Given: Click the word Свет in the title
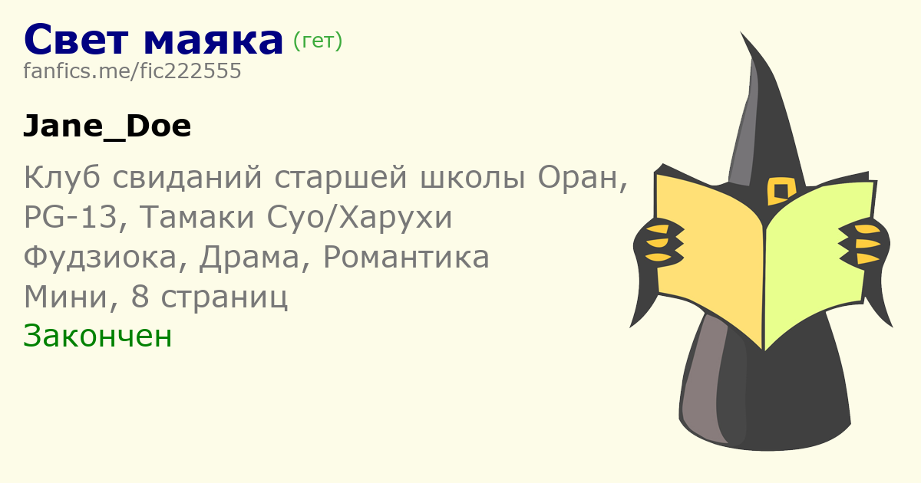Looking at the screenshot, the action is pos(77,39).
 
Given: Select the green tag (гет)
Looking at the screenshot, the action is pos(318,41).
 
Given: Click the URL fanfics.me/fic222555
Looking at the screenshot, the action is pos(132,71).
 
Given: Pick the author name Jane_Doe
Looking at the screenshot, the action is pos(107,126).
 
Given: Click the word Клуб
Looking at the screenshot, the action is pos(62,177).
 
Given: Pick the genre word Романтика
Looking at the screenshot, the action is pos(406,258).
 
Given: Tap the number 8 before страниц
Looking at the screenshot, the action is pos(140,297).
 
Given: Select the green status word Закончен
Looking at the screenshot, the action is pos(97,336).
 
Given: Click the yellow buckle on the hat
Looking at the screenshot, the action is pos(781,191).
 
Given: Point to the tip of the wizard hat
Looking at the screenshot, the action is pos(741,32).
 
